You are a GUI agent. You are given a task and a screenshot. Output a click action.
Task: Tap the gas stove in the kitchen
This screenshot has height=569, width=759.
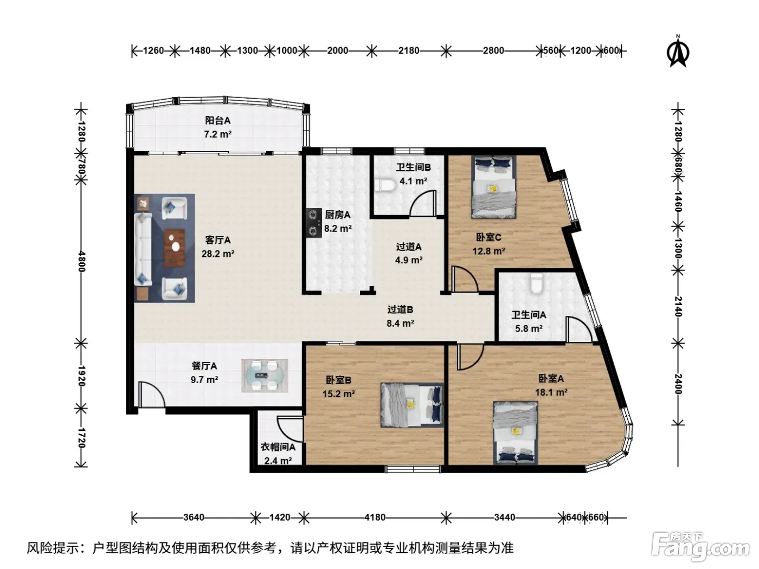pos(313,223)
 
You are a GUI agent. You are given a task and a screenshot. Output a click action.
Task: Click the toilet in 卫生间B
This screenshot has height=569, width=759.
pos(387,185)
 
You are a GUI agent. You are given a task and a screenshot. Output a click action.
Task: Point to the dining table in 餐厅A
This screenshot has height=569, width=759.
pos(265,376)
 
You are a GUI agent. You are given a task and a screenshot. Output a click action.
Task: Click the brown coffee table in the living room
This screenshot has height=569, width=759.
pos(174,247)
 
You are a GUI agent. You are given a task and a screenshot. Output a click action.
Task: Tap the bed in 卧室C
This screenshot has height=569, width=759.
pos(494,187)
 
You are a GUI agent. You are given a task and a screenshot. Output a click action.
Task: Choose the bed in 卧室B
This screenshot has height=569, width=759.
pos(412,405)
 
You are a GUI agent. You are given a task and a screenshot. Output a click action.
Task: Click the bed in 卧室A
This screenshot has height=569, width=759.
pos(515,432)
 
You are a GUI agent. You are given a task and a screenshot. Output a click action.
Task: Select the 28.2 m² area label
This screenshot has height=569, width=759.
pos(218,254)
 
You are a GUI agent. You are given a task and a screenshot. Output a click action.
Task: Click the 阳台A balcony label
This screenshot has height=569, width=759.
pos(217,120)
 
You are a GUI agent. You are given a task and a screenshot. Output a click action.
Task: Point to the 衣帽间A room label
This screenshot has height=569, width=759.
pos(278,447)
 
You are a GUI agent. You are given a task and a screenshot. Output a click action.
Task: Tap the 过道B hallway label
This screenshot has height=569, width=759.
pos(400,309)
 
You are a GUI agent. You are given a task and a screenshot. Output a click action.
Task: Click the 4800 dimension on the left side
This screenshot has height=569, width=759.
pos(82,262)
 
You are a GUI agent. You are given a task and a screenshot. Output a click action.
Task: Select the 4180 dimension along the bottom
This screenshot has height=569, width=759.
pos(375,518)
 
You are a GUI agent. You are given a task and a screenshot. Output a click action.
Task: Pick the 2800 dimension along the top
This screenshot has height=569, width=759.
pos(493,51)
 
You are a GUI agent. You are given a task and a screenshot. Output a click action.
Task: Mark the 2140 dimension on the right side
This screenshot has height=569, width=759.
pos(678,306)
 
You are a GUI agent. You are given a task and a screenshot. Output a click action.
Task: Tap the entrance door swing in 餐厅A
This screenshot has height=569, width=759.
pos(151,394)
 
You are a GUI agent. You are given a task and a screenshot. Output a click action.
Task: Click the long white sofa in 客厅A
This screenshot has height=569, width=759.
pos(143,249)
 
